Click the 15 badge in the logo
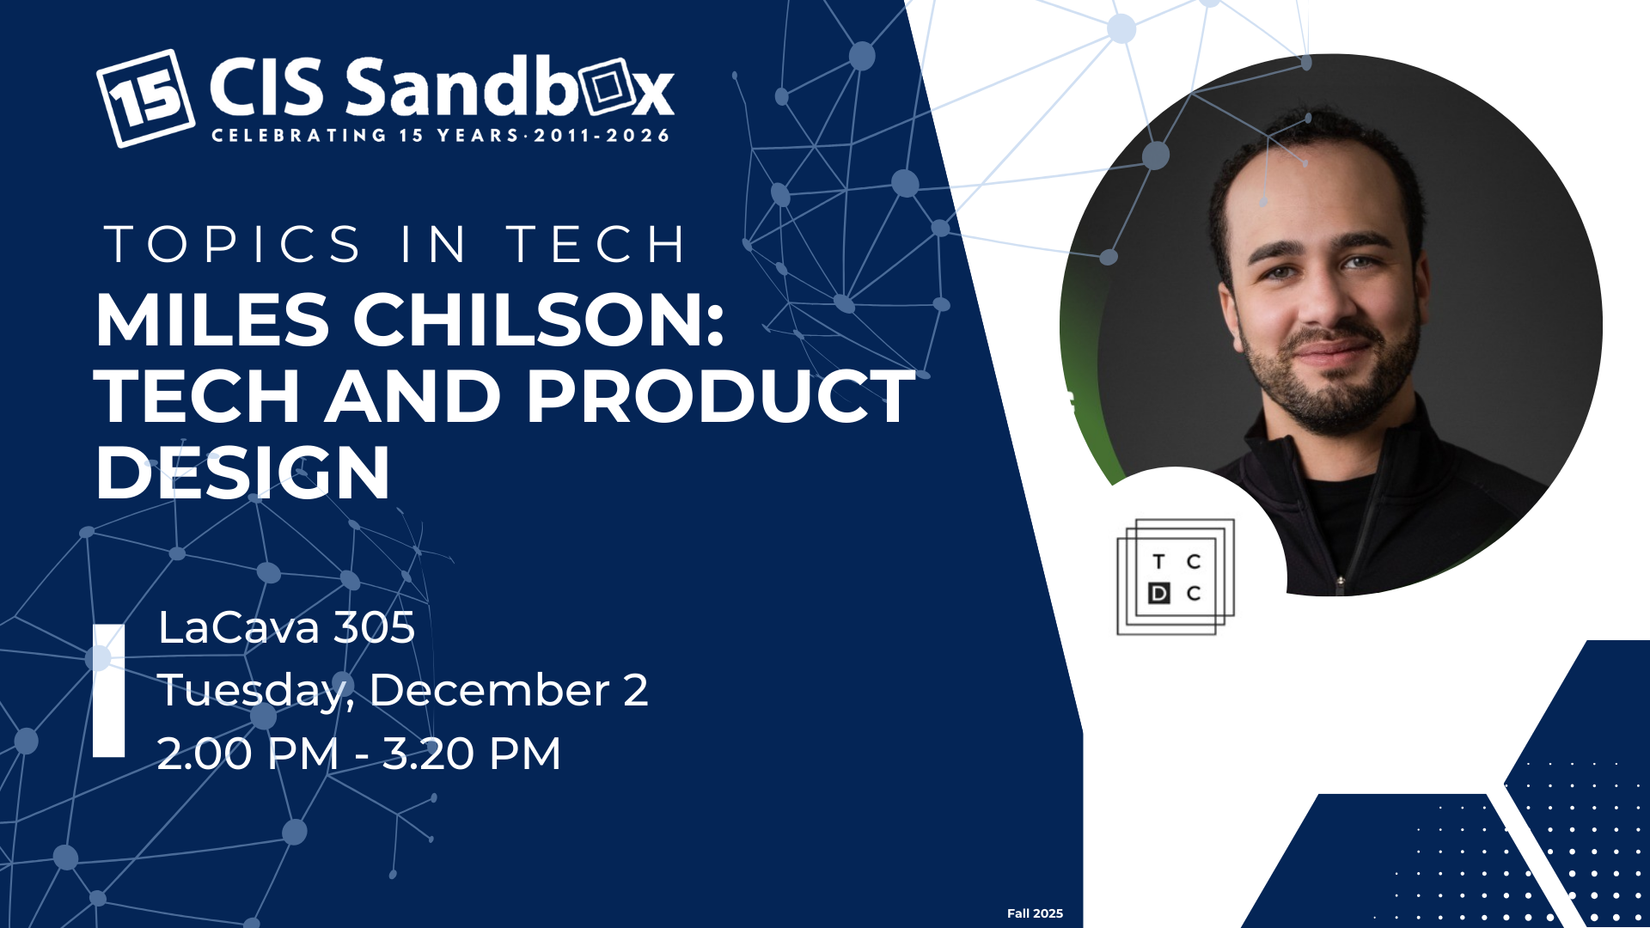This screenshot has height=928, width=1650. click(x=145, y=98)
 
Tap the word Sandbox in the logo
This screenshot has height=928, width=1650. click(x=510, y=87)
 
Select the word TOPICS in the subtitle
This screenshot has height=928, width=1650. click(x=233, y=245)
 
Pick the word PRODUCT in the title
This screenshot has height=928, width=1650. click(x=721, y=396)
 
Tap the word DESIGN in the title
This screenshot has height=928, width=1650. click(x=243, y=473)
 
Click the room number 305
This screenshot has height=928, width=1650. click(x=374, y=627)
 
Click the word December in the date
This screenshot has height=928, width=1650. click(x=490, y=690)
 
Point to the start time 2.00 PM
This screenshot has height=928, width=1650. click(x=248, y=754)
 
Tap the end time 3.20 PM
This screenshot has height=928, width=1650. click(x=472, y=754)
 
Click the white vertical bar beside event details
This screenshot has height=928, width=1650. click(x=109, y=691)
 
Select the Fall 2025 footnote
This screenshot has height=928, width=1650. click(x=1035, y=913)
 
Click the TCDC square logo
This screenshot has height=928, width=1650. click(x=1176, y=577)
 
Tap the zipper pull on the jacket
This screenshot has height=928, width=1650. click(x=1340, y=583)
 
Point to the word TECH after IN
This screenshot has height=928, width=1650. click(x=596, y=245)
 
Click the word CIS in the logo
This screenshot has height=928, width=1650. click(x=266, y=87)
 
